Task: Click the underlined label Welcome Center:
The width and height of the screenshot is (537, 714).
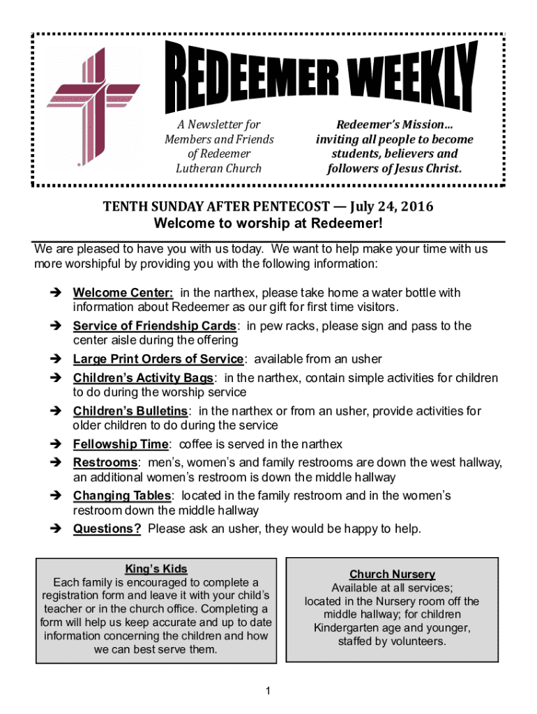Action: [123, 293]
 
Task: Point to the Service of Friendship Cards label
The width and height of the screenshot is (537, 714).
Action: [155, 326]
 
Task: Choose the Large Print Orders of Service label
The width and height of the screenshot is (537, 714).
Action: [158, 359]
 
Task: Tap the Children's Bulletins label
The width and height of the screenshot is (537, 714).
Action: [130, 411]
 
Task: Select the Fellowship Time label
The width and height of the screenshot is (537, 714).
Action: [121, 444]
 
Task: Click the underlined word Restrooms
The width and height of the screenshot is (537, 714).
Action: [105, 463]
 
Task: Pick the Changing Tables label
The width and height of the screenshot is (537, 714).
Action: [122, 496]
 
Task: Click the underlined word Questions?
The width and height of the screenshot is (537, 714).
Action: [107, 529]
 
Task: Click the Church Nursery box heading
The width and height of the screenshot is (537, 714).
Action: [392, 575]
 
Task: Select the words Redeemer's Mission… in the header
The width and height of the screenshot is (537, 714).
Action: [391, 124]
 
